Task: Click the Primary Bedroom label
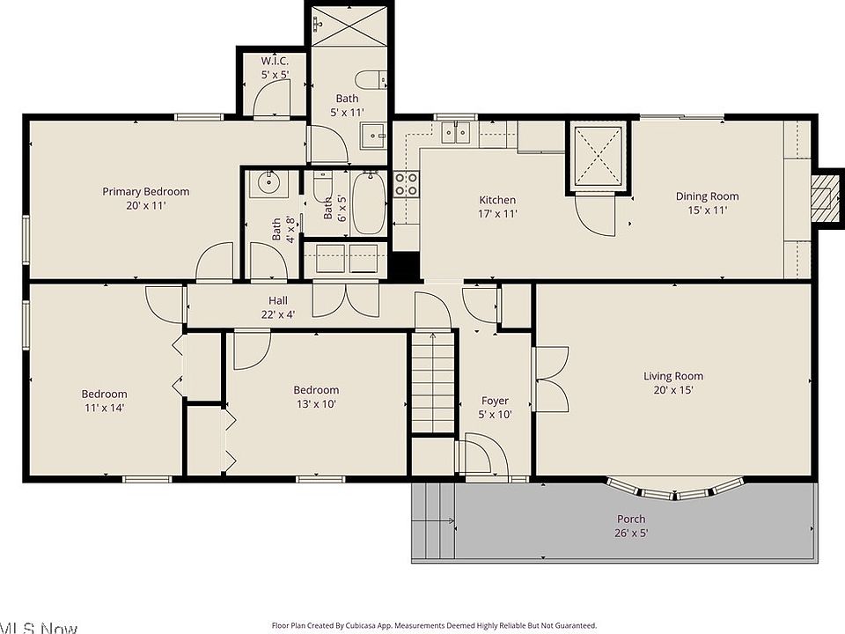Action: pos(145,191)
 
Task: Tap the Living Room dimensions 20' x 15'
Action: pos(673,390)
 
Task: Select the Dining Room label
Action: pos(707,196)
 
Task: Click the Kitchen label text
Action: pos(497,200)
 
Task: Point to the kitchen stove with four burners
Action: pos(406,183)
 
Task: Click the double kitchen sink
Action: pos(455,132)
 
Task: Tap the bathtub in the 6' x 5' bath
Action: pos(369,203)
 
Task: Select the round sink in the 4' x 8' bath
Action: pos(268,183)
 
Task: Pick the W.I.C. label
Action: pos(275,61)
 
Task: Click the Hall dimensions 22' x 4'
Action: pos(278,314)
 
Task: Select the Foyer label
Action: pos(495,401)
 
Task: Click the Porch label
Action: pos(631,519)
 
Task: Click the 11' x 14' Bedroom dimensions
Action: pos(105,408)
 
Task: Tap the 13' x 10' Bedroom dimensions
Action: pos(316,404)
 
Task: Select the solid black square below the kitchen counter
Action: pos(405,266)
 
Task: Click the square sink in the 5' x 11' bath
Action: pos(373,136)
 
